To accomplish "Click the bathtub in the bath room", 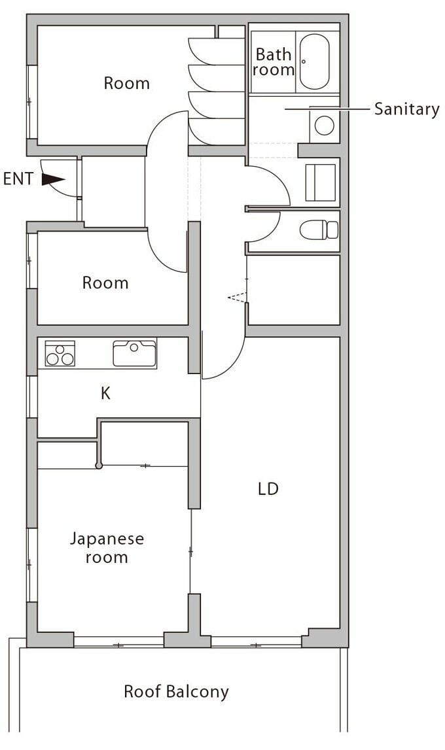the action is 314,61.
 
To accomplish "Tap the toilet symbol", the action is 319,230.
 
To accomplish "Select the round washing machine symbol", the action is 324,126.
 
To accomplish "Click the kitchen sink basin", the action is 134,354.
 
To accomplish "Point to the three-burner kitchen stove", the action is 60,354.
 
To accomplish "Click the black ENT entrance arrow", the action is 53,179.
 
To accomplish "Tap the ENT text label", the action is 18,179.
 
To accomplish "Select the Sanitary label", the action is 406,110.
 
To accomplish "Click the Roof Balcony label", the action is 176,692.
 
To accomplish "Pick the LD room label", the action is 268,489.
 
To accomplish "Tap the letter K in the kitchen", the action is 106,393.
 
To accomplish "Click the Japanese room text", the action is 107,548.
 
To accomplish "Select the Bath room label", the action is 274,61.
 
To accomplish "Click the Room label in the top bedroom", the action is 126,83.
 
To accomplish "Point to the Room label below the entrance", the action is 105,282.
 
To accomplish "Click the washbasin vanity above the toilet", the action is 321,182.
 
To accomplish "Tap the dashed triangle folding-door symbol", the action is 238,298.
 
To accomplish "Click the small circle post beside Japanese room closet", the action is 99,466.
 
